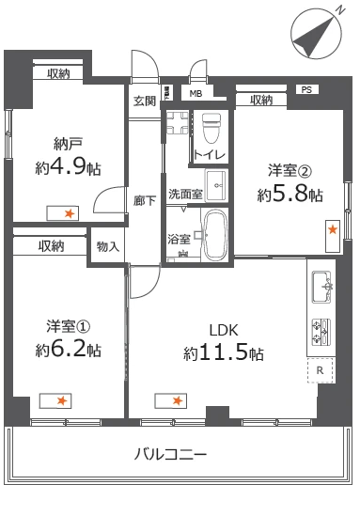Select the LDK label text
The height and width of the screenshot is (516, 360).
coord(223,330)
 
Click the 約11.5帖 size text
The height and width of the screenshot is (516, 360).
coord(223,354)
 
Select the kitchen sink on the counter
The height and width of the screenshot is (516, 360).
coord(321,283)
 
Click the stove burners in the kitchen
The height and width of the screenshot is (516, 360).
coord(321,330)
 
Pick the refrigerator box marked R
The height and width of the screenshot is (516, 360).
coord(321,370)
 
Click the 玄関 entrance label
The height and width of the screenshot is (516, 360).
coord(144,101)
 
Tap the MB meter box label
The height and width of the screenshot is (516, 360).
coord(196,94)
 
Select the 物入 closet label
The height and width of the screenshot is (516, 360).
coord(107,246)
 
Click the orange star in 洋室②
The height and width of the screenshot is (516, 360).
coord(332,228)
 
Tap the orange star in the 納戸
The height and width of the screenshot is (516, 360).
coord(68,214)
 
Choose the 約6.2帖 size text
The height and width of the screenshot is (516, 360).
coord(68,351)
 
